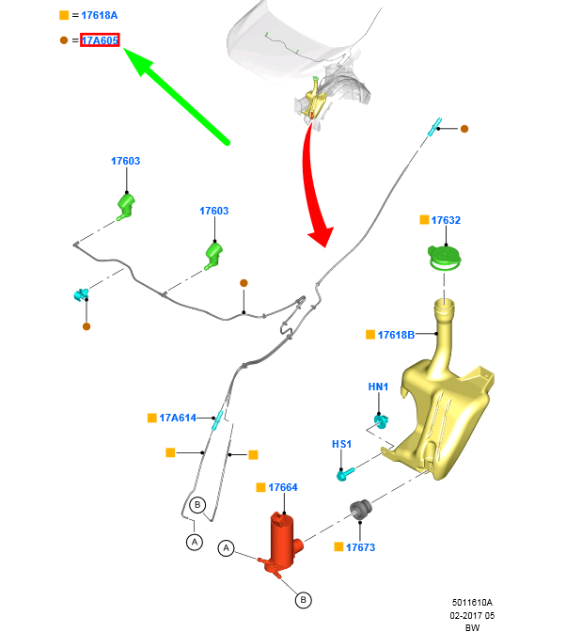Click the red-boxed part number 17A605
[x=100, y=40]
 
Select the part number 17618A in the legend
[x=100, y=15]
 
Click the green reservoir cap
[x=445, y=258]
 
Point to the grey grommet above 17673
[x=360, y=510]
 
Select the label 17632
[x=446, y=220]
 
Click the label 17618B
[x=396, y=335]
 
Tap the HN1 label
[x=378, y=387]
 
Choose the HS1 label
[x=341, y=444]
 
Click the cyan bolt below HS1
[x=345, y=474]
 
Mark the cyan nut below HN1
[x=381, y=420]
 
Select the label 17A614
[x=178, y=418]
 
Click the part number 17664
[x=283, y=487]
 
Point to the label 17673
[x=360, y=547]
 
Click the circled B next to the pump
[x=304, y=600]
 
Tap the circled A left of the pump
[x=226, y=547]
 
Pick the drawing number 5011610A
[x=472, y=603]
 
